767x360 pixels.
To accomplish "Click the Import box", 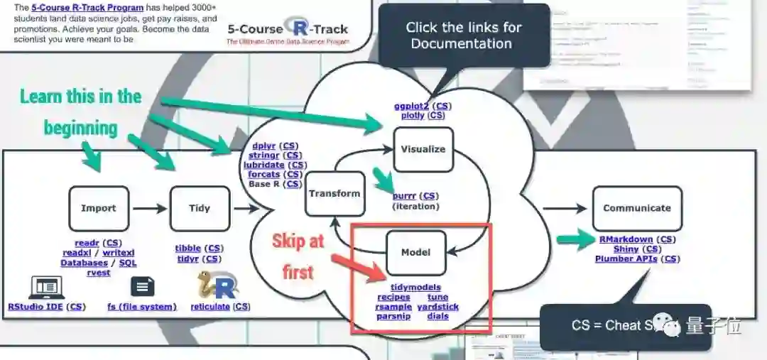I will (x=99, y=209).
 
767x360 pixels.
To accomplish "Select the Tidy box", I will (x=200, y=209).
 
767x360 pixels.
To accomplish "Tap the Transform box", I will (x=334, y=193).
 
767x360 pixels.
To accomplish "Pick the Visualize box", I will (x=423, y=149).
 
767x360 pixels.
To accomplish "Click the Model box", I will (x=415, y=252).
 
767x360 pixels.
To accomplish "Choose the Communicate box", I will (x=637, y=208).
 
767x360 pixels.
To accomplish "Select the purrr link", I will (x=406, y=196).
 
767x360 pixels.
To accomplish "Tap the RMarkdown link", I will (x=626, y=239).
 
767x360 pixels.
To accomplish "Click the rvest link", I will (x=99, y=272).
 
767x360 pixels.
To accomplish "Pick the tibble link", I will (x=188, y=249).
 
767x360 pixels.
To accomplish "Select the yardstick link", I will (x=438, y=307).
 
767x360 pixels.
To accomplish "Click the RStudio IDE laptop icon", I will (x=46, y=287).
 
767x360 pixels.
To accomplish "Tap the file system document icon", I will (x=142, y=287).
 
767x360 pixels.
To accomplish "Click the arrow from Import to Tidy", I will (x=149, y=209).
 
